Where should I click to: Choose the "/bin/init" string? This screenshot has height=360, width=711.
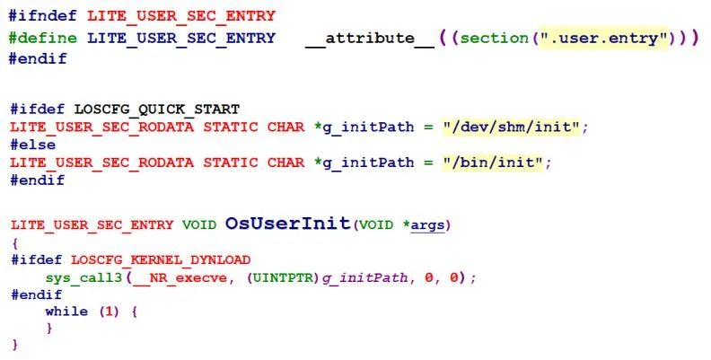coord(496,163)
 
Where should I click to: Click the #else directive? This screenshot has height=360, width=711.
coord(33,145)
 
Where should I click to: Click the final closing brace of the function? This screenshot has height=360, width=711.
coord(14,346)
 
